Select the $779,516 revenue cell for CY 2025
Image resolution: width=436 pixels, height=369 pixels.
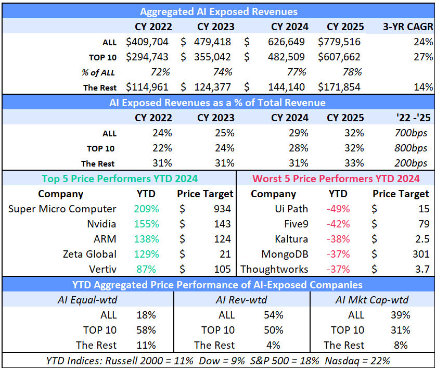pos(339,42)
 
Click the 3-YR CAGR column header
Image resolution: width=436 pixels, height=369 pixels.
pos(407,27)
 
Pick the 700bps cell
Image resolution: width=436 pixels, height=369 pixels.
pos(412,133)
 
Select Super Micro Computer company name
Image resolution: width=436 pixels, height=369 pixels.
pos(62,209)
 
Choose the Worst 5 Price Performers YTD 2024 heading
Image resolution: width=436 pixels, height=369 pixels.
pos(336,179)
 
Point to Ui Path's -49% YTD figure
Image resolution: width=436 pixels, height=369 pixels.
pos(338,209)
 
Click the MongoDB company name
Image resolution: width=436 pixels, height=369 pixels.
pos(284,255)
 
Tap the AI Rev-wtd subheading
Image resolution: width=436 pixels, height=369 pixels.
pos(241,300)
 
